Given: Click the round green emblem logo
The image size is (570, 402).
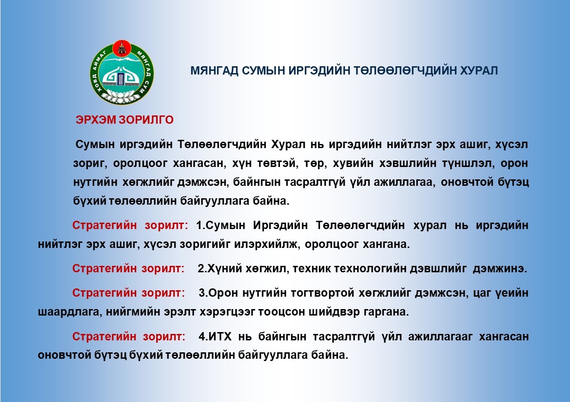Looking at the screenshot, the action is [x=122, y=72].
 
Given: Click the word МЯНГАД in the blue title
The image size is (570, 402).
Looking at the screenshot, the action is [x=214, y=70].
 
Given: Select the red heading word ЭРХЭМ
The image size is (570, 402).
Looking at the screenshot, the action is [x=96, y=120].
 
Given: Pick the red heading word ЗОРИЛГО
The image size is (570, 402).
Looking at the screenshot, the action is [x=146, y=120].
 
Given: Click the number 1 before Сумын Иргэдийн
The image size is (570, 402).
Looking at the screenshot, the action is [x=199, y=225].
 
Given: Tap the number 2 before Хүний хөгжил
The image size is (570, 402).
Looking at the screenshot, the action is [x=201, y=269].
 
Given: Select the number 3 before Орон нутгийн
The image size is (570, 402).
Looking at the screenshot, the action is [x=202, y=293].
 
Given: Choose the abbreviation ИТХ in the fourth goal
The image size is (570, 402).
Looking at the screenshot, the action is [x=220, y=337].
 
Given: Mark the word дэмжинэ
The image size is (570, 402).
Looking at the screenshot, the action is [x=500, y=269].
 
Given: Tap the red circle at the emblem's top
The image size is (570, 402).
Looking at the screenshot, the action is [x=122, y=49].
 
